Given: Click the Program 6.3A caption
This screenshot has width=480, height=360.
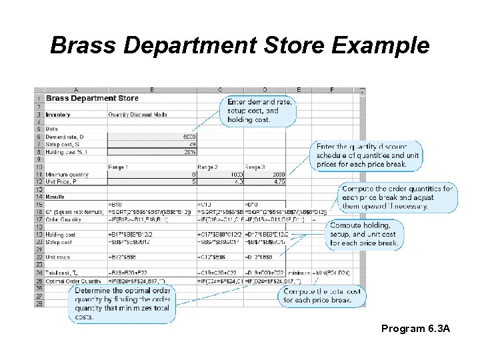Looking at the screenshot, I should (416, 329).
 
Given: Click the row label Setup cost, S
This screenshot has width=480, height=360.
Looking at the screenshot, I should (63, 144).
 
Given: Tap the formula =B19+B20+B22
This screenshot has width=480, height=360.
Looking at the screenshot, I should (126, 273).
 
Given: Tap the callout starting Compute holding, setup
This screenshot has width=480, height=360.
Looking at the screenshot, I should (364, 235).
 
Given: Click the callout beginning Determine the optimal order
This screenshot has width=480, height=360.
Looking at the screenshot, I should (123, 304).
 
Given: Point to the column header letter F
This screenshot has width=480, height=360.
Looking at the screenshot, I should (331, 90).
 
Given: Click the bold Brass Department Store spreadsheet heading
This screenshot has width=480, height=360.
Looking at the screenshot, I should (93, 98).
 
